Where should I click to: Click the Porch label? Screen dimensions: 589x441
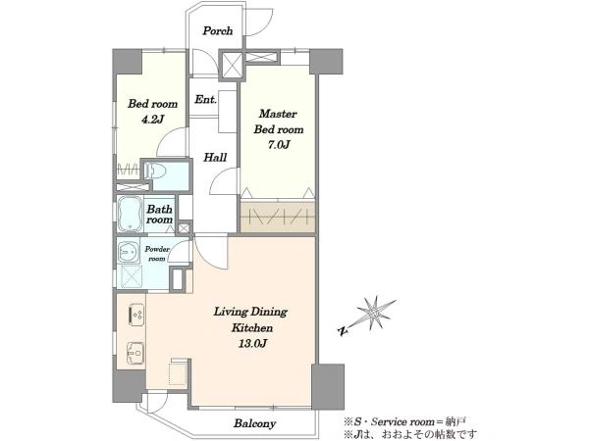click(218, 30)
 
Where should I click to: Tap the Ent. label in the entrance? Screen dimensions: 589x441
click(205, 100)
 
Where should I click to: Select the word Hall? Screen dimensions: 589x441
click(215, 157)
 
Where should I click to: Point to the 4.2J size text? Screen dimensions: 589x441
click(152, 120)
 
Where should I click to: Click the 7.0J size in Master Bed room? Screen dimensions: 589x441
click(279, 145)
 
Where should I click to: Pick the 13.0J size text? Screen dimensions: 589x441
click(252, 344)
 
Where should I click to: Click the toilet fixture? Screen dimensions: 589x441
click(155, 171)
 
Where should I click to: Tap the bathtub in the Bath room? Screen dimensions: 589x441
click(130, 214)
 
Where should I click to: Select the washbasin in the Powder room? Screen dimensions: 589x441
click(129, 251)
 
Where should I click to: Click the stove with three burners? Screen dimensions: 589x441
click(135, 315)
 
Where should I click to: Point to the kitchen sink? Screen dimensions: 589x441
click(135, 353)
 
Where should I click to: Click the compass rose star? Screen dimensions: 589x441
click(373, 313)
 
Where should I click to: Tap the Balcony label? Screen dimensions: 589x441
click(254, 423)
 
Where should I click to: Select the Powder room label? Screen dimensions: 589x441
click(157, 254)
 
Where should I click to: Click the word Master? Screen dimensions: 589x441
click(278, 114)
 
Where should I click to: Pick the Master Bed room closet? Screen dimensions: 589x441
click(278, 217)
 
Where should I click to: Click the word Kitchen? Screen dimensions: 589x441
click(252, 327)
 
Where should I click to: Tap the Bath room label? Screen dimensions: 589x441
click(160, 214)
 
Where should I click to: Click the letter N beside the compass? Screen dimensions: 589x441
click(343, 331)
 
